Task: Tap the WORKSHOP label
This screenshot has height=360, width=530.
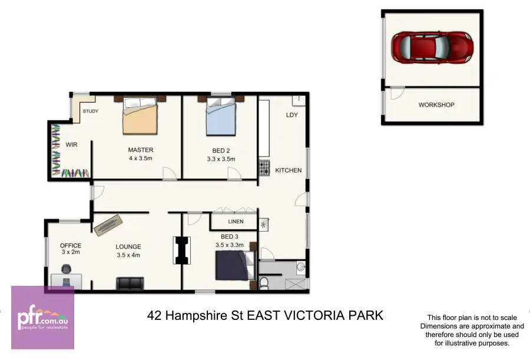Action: [x=436, y=105]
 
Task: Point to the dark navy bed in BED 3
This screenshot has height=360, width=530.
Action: [x=234, y=265]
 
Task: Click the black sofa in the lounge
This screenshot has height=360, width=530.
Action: [x=130, y=283]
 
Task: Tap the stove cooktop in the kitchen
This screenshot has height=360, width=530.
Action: [x=263, y=168]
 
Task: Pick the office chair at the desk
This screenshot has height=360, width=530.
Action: [x=65, y=270]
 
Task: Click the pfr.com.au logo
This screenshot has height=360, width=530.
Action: [x=42, y=318]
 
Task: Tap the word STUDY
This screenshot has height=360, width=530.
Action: [x=90, y=111]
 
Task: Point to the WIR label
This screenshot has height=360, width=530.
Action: [x=71, y=144]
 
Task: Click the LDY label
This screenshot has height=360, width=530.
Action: [x=291, y=115]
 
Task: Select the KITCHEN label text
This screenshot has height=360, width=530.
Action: [x=288, y=170]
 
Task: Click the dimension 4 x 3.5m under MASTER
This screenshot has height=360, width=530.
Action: [x=141, y=158]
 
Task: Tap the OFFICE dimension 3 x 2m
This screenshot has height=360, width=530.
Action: [x=70, y=252]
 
